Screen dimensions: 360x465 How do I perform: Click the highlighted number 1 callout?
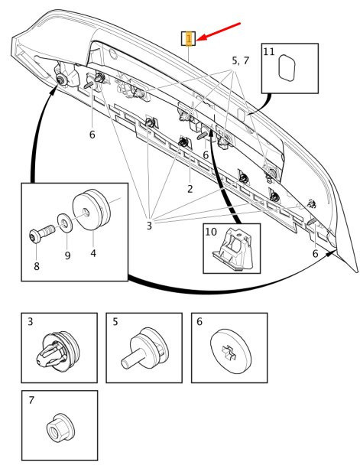pos(189,38)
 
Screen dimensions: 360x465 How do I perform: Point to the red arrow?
pos(219,31)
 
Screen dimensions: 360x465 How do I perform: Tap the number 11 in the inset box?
pos(269,51)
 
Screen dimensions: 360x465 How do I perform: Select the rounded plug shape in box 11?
pos(287,67)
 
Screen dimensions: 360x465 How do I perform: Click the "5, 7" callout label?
pos(240,60)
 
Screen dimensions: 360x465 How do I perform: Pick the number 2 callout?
pos(190,189)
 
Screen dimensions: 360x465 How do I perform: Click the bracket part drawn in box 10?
pos(233,249)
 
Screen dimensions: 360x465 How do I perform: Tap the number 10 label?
pos(211,232)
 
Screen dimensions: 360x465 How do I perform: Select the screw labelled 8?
pos(42,234)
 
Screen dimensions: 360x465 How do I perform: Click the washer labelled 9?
pos(65,220)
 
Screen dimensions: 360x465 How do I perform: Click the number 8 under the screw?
pos(37,266)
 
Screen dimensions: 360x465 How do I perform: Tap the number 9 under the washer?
pos(67,255)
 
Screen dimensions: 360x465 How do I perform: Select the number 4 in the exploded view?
pos(93,253)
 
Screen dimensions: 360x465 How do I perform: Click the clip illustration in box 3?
pos(58,350)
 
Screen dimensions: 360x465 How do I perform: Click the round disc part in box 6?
pos(231,350)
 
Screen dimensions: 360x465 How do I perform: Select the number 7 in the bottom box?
pos(31,400)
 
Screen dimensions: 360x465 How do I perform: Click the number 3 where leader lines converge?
pos(149,226)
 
